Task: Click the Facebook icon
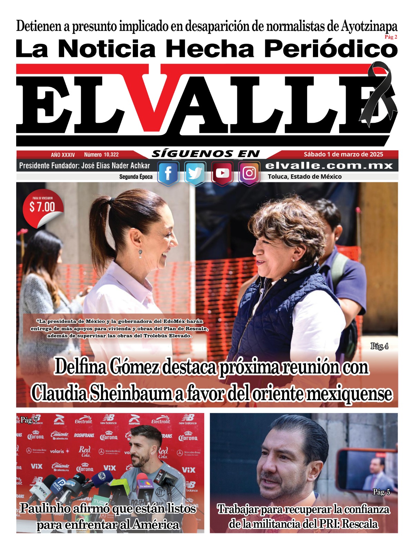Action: click(x=168, y=173)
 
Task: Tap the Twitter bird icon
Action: click(x=195, y=173)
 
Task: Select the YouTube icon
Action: click(x=222, y=173)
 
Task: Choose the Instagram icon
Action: click(x=249, y=173)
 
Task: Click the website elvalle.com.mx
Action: click(x=329, y=166)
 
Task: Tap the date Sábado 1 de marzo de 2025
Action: click(x=343, y=154)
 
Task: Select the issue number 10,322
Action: click(x=101, y=155)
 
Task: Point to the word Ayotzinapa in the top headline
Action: click(x=369, y=26)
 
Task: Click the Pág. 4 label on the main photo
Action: click(x=379, y=346)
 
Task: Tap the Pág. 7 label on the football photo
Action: click(x=29, y=420)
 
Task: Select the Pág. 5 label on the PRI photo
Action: click(x=381, y=492)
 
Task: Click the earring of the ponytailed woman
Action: click(x=140, y=254)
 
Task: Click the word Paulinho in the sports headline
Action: click(x=45, y=508)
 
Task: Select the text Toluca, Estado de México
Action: click(x=305, y=177)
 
